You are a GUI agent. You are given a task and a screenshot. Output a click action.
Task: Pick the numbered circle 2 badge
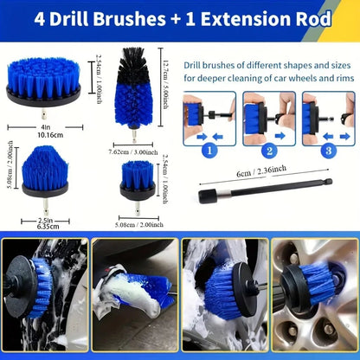(258, 149)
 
